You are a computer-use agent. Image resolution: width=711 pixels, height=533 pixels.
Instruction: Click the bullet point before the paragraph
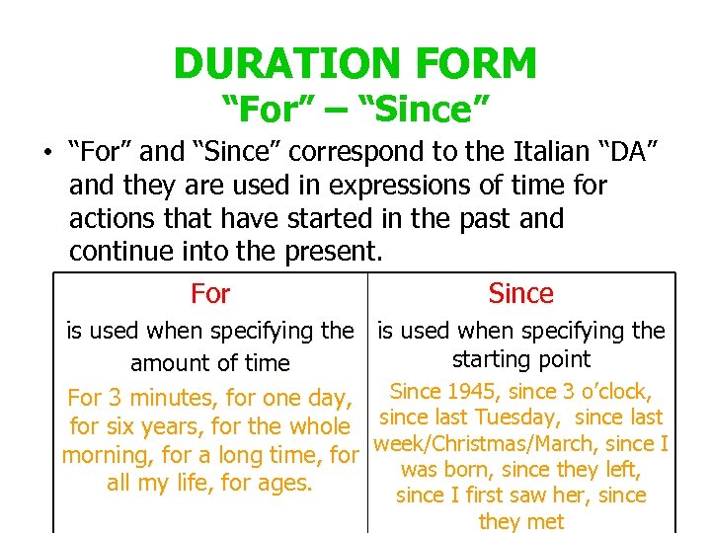click(46, 154)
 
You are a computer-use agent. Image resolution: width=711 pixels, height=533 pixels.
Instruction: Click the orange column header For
click(210, 293)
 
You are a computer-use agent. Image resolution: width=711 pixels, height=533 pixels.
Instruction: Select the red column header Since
click(521, 293)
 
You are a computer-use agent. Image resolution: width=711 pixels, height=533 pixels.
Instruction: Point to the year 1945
click(466, 392)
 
